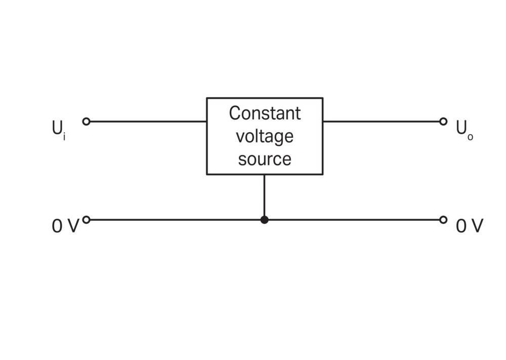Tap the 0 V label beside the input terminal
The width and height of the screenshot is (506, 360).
tap(65, 226)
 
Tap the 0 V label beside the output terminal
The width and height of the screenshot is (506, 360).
tap(470, 226)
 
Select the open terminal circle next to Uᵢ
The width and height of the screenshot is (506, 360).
tap(86, 122)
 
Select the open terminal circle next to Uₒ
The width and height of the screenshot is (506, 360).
tap(443, 122)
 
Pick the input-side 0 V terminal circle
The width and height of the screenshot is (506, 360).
tap(86, 220)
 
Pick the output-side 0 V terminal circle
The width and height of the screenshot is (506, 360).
tap(443, 220)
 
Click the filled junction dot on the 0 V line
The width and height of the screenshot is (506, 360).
tap(264, 220)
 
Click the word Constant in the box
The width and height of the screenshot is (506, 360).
tap(265, 113)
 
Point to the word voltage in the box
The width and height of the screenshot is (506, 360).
tap(265, 137)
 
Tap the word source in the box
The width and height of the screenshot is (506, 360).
tap(265, 159)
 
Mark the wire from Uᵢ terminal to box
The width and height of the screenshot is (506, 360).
tap(148, 122)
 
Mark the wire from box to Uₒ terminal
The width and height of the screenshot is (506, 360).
tap(381, 122)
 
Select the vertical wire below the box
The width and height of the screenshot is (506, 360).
tap(264, 195)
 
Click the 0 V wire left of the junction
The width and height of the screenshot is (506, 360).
tap(175, 220)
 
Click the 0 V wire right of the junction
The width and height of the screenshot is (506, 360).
tap(354, 220)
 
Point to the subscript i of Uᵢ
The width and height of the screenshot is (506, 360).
tap(64, 137)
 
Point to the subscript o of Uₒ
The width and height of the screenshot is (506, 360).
tap(470, 138)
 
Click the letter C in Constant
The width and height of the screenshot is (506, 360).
tap(235, 113)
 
